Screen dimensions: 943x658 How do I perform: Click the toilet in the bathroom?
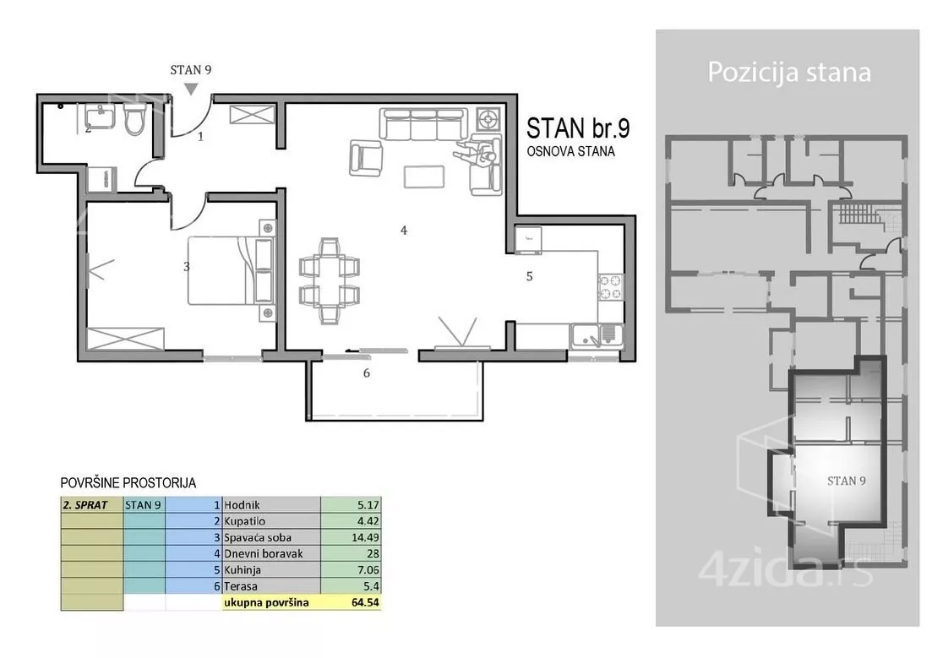pyautogui.click(x=134, y=119)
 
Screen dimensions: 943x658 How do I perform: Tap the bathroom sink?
pyautogui.click(x=100, y=117)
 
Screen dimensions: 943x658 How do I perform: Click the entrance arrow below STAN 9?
pyautogui.click(x=191, y=89)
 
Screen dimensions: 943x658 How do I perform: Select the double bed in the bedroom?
pyautogui.click(x=231, y=271)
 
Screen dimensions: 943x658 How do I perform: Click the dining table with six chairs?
pyautogui.click(x=330, y=281)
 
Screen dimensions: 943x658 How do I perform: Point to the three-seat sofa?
pyautogui.click(x=423, y=124)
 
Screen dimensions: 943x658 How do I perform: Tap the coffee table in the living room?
pyautogui.click(x=424, y=177)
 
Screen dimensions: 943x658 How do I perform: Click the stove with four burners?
pyautogui.click(x=610, y=286)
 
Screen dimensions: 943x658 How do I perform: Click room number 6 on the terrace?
pyautogui.click(x=366, y=373)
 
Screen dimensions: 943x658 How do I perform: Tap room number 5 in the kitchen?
pyautogui.click(x=529, y=276)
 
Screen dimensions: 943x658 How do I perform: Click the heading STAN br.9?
pyautogui.click(x=578, y=128)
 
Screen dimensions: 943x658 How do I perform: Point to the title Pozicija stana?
pyautogui.click(x=789, y=72)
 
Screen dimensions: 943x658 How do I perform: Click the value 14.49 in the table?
pyautogui.click(x=365, y=538)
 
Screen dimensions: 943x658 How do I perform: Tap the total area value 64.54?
pyautogui.click(x=365, y=602)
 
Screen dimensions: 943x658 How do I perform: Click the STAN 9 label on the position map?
pyautogui.click(x=846, y=481)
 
